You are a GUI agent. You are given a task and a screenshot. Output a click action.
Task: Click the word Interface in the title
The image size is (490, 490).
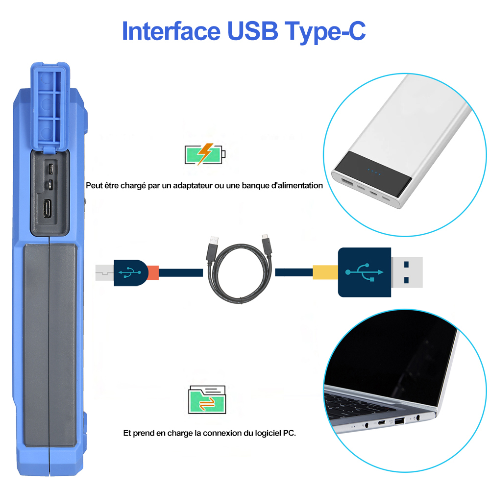171,31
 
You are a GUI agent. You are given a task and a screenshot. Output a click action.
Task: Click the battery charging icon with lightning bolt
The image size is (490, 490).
205,154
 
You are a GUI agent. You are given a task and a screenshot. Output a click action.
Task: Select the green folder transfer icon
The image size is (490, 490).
207,400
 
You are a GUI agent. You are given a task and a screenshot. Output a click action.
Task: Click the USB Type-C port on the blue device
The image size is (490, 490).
48,208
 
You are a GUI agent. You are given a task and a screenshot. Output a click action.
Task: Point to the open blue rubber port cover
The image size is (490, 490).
50,106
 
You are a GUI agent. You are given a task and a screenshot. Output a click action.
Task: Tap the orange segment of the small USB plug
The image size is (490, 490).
153,272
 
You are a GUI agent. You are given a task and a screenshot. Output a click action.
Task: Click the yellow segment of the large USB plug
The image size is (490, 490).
325,272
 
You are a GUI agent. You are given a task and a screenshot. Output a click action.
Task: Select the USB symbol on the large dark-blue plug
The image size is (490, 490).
365,272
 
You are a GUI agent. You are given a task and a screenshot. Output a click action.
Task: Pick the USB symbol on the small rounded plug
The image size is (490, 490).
129,272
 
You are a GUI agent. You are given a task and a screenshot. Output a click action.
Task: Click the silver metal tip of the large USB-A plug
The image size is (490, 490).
407,272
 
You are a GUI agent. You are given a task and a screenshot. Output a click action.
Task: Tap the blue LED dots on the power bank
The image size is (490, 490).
374,172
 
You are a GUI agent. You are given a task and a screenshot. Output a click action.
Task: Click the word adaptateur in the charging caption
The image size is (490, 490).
193,186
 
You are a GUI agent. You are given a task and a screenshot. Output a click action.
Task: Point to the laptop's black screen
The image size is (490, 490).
391,359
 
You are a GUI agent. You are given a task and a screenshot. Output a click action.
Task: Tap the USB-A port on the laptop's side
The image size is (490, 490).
399,421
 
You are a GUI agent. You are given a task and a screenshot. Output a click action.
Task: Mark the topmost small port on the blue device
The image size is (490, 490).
50,169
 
